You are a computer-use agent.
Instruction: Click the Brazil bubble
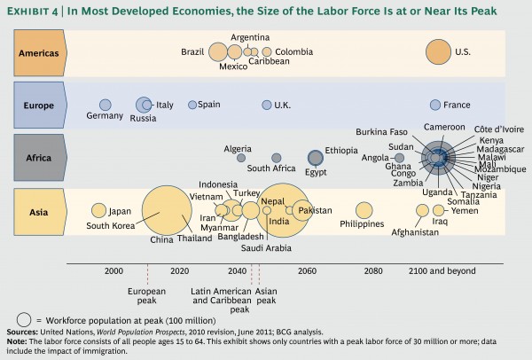tap(217, 51)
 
